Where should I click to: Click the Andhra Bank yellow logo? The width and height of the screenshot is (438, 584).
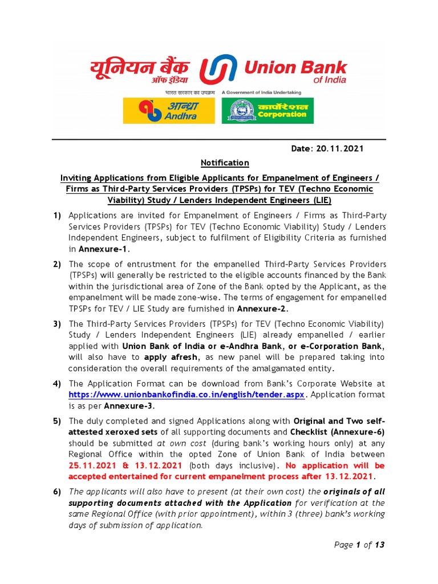coord(169,111)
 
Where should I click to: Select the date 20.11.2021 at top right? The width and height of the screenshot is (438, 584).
coord(327,149)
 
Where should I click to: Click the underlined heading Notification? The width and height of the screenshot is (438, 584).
coord(225,163)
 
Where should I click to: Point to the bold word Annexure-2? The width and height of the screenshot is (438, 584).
coord(262,309)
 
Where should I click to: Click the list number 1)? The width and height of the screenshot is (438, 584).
coord(57,215)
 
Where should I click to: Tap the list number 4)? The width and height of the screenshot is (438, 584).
coord(57,383)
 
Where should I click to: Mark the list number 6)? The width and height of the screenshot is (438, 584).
coord(57,492)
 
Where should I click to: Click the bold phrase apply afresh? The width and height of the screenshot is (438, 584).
coord(171,357)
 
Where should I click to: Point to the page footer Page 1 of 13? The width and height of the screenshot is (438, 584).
coord(359,545)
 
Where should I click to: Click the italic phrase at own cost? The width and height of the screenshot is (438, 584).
coord(177,443)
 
